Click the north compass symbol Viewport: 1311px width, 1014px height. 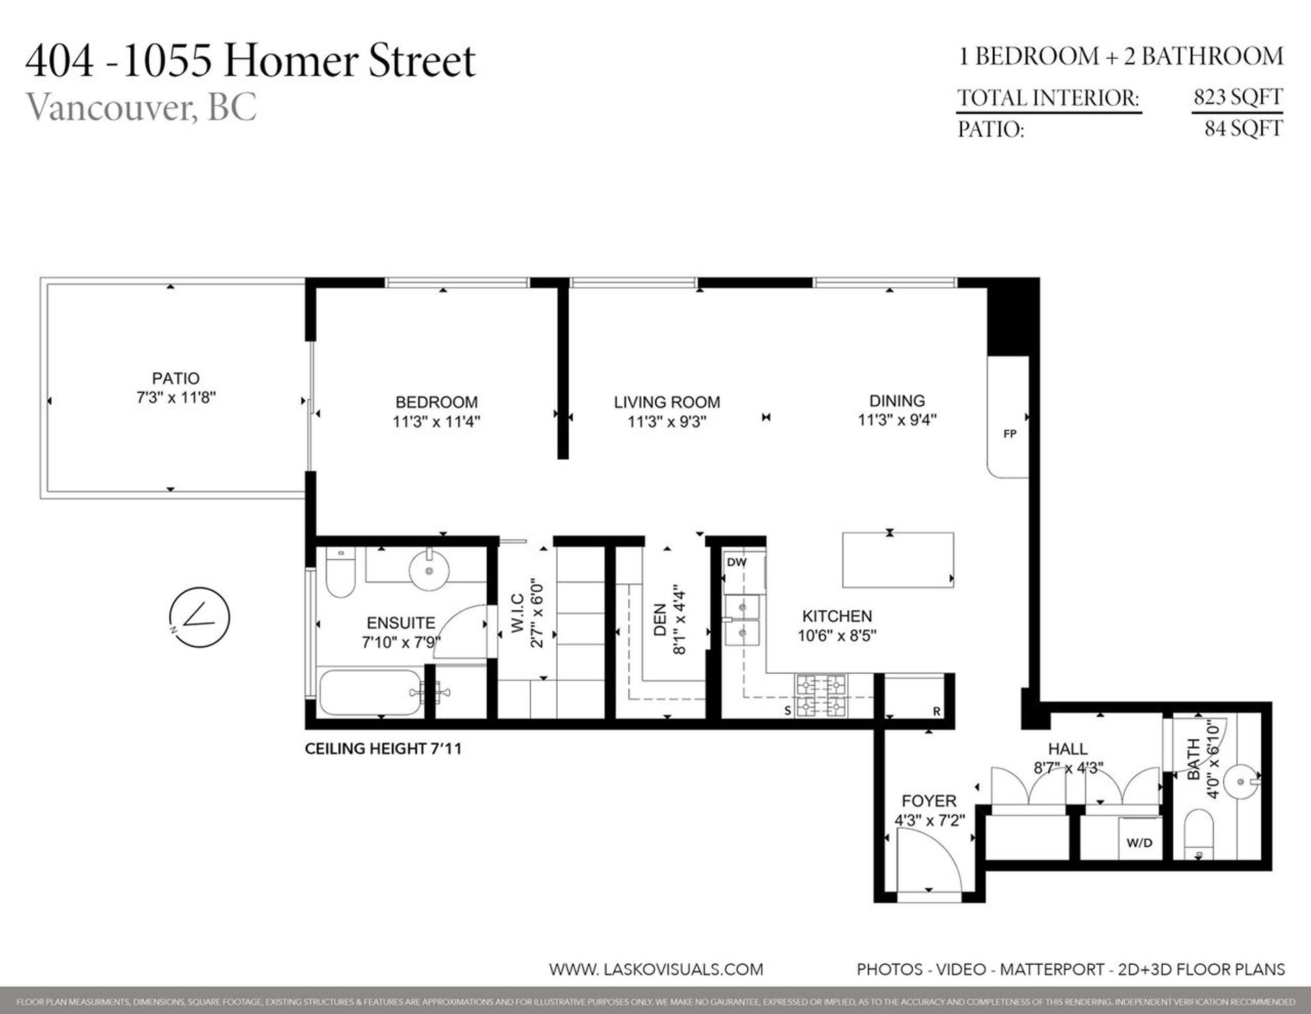199,617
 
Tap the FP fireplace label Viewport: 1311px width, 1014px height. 1010,434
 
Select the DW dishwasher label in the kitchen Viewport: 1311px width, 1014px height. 737,562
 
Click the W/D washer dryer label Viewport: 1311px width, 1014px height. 1139,842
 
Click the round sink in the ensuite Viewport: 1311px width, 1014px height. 429,570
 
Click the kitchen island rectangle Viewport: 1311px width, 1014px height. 897,560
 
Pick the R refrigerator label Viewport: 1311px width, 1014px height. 937,711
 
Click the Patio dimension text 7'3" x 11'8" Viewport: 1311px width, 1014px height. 176,397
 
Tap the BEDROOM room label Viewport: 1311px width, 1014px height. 436,402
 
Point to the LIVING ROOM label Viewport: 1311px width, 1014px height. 666,402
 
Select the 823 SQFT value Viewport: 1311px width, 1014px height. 1237,98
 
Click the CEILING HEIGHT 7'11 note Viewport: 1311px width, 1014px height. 383,749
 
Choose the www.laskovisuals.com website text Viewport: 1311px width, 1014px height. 655,969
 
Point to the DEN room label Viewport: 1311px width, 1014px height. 660,619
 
